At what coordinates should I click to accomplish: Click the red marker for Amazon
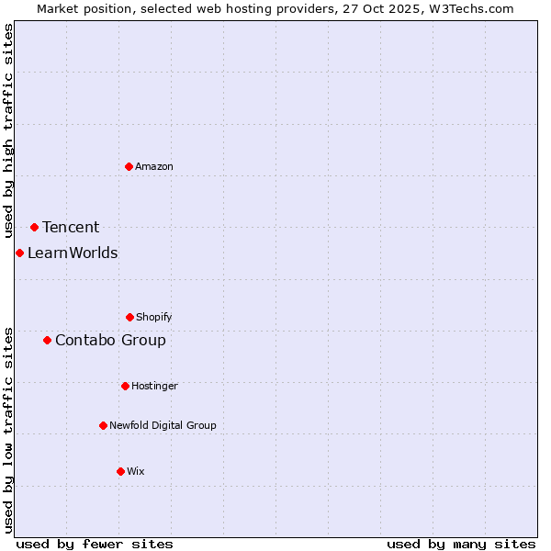coord(129,166)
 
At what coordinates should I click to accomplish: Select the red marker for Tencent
coord(34,227)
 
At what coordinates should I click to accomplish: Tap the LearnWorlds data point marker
coord(19,253)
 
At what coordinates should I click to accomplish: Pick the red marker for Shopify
coord(129,317)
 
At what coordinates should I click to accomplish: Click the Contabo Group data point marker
coord(47,340)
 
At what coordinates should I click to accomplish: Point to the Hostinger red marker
coord(125,386)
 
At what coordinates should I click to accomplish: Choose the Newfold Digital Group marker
coord(103,425)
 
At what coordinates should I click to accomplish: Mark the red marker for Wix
coord(120,471)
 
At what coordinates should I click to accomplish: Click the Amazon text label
coord(154,166)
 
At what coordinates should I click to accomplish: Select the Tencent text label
coord(71,228)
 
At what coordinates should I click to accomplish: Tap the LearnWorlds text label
coord(73,253)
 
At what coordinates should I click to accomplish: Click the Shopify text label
coord(154,317)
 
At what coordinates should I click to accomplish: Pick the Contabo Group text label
coord(110,341)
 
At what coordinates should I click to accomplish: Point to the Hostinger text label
coord(154,386)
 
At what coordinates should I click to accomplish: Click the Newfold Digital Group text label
coord(163,425)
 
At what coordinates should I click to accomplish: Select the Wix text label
coord(136,471)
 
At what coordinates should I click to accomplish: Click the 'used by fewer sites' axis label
coord(95,544)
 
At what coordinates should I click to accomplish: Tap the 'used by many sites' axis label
coord(461,544)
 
